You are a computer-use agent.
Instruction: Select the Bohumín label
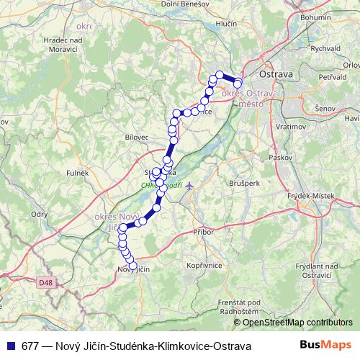tap(336, 16)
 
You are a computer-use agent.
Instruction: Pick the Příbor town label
tap(204, 231)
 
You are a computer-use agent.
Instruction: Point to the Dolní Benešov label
tap(185, 4)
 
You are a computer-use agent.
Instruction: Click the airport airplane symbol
tap(190, 186)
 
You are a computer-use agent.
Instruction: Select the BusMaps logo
tap(325, 346)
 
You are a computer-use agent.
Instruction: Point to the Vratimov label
tap(273, 125)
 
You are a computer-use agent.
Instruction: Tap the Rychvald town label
tap(325, 48)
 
